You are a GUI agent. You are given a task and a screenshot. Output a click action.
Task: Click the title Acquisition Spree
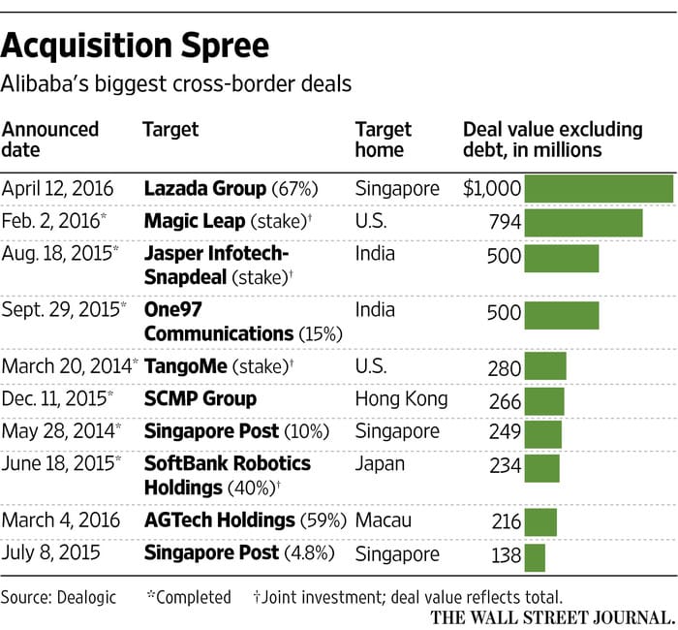pos(135,46)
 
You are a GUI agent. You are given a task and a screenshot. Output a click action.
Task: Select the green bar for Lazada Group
pos(599,189)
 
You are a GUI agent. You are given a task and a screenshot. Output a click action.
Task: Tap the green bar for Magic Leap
pos(584,223)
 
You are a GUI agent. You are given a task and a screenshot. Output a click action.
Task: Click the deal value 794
pos(505,222)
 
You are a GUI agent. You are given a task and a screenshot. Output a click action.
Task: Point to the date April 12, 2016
pos(57,189)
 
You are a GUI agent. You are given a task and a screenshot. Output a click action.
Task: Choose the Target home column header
pos(384,140)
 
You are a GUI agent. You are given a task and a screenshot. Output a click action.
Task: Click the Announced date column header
pos(50,140)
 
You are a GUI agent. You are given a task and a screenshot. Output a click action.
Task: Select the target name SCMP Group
pos(200,398)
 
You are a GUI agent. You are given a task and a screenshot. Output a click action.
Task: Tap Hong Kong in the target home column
pos(401,399)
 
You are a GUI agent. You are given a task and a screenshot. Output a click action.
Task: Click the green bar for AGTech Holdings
pos(540,522)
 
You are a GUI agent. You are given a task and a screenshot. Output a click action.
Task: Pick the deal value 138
pos(506,555)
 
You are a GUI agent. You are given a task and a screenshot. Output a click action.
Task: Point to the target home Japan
pos(380,464)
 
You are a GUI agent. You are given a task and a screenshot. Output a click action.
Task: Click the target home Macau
pos(384,520)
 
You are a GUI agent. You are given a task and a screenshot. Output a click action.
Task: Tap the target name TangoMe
pos(186,366)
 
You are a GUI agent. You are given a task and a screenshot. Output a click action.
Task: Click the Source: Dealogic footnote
pos(58,598)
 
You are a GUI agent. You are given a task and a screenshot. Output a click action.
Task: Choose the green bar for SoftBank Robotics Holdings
pos(541,468)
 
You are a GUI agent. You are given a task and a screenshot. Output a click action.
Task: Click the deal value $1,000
pos(492,189)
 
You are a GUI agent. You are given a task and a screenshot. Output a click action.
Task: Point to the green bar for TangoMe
pos(545,366)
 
